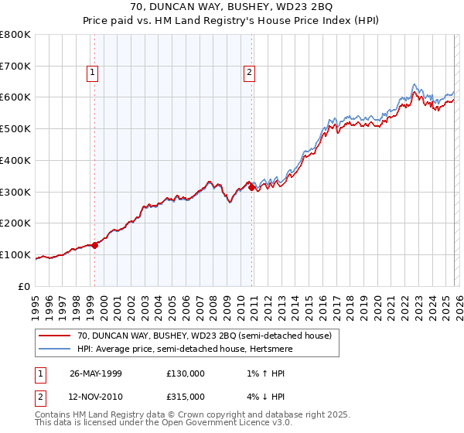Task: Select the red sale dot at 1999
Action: coord(94,245)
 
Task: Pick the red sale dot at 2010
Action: coord(252,186)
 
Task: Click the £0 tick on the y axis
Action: coord(25,286)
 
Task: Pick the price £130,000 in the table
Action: coord(186,373)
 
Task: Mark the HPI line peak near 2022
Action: coord(415,84)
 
